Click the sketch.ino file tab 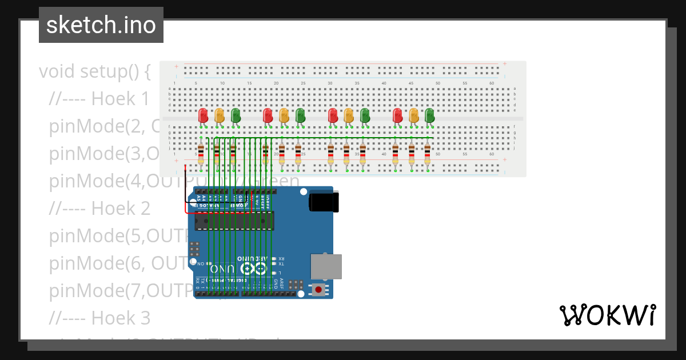click(101, 25)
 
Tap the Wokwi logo click(607, 315)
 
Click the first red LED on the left click(203, 115)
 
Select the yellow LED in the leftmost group click(219, 115)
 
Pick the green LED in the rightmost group click(429, 115)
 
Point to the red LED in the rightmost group click(397, 115)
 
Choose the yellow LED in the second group click(284, 115)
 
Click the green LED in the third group click(365, 115)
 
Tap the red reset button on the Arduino click(318, 290)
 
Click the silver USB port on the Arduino click(326, 267)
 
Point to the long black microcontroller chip click(234, 220)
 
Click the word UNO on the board click(222, 269)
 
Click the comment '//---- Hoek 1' click(99, 99)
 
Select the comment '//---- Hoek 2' click(99, 208)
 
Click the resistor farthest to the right click(427, 153)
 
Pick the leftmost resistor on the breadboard click(201, 153)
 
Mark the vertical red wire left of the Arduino click(185, 183)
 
